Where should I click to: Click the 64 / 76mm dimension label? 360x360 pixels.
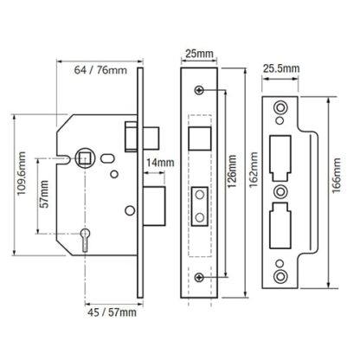coord(100,70)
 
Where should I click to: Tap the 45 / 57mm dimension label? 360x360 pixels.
coord(112,312)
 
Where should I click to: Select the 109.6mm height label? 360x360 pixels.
coord(22,173)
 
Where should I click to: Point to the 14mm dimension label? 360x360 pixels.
coord(160,163)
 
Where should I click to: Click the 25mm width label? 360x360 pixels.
coord(199,54)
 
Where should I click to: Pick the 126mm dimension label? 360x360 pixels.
coord(232,171)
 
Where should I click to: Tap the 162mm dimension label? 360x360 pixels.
coord(254,170)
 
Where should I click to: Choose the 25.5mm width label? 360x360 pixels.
coord(281,68)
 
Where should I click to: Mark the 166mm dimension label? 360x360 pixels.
coord(336,176)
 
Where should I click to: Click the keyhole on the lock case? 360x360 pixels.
coord(85,239)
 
